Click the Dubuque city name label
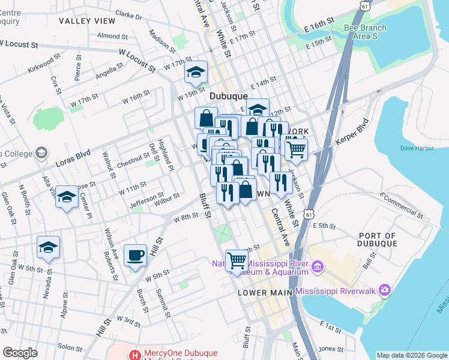tap(229, 96)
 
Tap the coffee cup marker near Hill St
tap(135, 256)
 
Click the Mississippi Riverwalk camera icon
tap(384, 291)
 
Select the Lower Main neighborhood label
tap(265, 293)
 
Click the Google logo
tap(20, 353)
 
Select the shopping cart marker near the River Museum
tap(238, 260)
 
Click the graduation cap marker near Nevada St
tap(48, 247)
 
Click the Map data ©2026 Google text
tap(411, 355)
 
